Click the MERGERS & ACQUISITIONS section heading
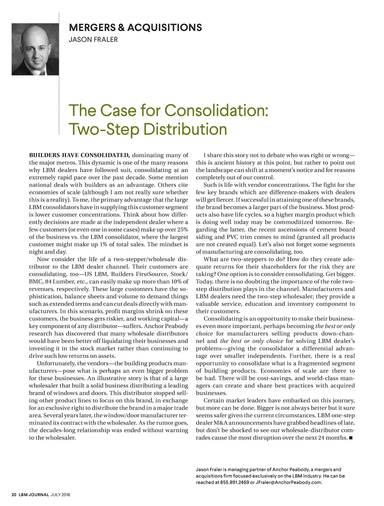(135, 28)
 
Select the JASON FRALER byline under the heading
(93, 39)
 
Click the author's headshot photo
(35, 49)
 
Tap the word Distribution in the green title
(185, 129)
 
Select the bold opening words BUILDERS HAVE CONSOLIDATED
(79, 155)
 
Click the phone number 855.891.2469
(234, 482)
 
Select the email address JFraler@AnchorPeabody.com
(288, 482)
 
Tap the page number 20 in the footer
(13, 495)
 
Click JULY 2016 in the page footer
(60, 495)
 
